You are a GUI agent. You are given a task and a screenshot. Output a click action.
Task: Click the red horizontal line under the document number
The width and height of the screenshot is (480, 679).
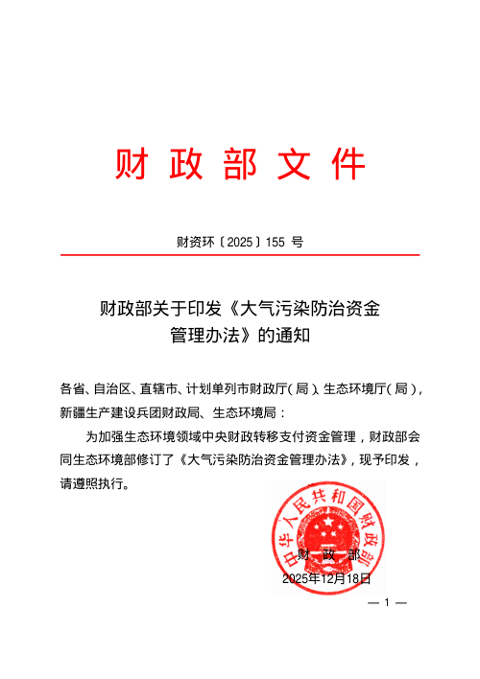(x=240, y=255)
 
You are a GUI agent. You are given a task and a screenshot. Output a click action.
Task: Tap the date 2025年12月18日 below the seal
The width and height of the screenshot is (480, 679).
(x=325, y=579)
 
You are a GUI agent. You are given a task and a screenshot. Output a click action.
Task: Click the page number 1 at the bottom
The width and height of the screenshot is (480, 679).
(x=389, y=604)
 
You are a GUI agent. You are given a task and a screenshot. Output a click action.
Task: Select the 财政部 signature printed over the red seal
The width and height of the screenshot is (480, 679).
(x=327, y=556)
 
